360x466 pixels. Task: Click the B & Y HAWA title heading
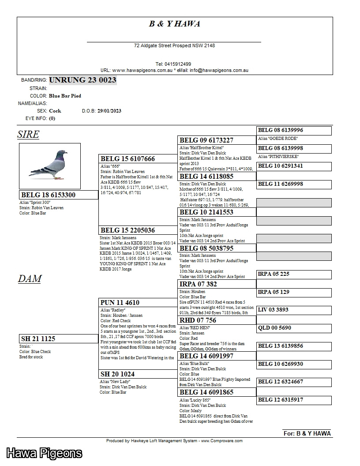click(x=174, y=24)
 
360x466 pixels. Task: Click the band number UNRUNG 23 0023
click(x=82, y=80)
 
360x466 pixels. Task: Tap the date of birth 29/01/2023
click(x=109, y=111)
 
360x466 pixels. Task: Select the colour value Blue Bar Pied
click(x=65, y=96)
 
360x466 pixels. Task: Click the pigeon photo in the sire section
click(x=49, y=166)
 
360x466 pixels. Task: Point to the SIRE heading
click(x=28, y=135)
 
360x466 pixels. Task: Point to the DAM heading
click(x=30, y=279)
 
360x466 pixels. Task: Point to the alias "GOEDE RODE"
click(x=277, y=139)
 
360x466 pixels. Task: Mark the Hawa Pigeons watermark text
click(x=44, y=453)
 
